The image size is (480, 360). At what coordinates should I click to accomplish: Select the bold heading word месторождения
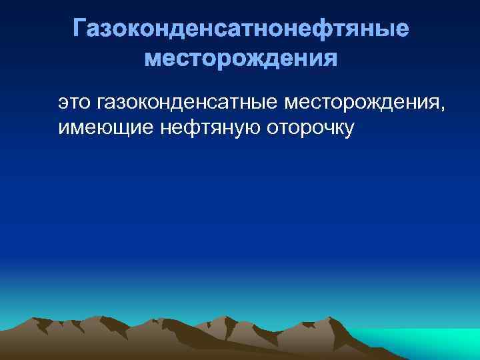point(241,60)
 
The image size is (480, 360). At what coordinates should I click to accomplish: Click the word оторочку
point(310,127)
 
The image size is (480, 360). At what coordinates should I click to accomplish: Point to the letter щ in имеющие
point(114,127)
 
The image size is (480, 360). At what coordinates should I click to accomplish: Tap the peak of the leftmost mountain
point(41,313)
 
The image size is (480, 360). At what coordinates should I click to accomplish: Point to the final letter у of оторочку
point(347,129)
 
